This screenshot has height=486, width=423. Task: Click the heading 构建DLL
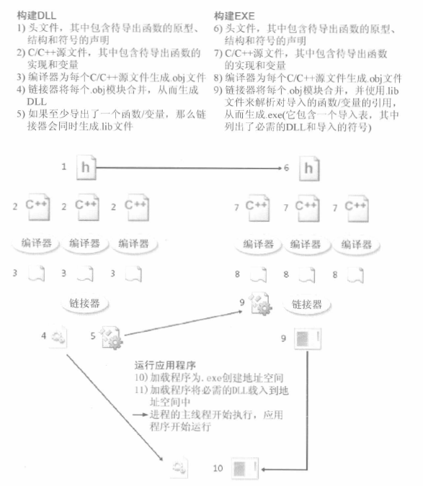(x=37, y=16)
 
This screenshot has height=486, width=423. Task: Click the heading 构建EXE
(x=234, y=16)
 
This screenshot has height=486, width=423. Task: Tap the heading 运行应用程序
(x=165, y=366)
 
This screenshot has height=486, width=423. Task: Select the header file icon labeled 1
(x=86, y=168)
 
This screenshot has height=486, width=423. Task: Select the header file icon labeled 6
(x=309, y=169)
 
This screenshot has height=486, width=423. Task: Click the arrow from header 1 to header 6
(x=189, y=168)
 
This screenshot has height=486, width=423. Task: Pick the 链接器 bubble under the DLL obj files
(x=84, y=303)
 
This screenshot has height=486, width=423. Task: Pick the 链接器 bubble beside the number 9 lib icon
(x=307, y=305)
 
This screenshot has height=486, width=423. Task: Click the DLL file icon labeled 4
(x=58, y=337)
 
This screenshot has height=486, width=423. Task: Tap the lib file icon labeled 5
(x=111, y=337)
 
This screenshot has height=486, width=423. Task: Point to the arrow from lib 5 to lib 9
(x=183, y=323)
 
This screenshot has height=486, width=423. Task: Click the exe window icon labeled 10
(x=245, y=468)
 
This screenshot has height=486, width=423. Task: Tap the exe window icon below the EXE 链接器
(x=307, y=339)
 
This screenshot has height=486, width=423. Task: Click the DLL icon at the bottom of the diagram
(x=179, y=467)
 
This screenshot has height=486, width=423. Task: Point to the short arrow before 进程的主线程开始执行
(x=140, y=415)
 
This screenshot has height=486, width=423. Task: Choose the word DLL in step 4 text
(x=37, y=102)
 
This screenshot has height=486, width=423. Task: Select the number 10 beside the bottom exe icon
(x=218, y=468)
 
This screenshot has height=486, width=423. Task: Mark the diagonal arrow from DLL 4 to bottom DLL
(x=115, y=408)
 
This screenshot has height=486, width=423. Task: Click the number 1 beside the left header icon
(x=64, y=167)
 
